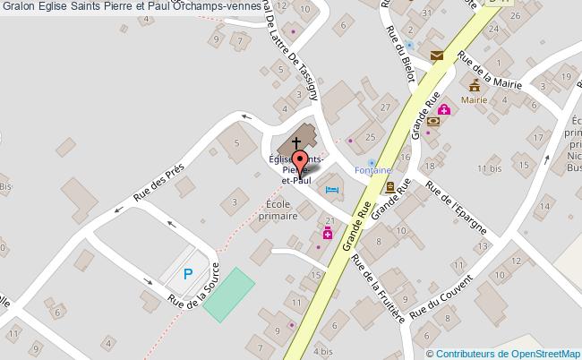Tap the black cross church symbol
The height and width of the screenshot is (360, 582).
tap(296, 141)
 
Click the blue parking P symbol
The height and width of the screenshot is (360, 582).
tap(188, 275)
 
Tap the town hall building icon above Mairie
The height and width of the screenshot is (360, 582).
tap(475, 87)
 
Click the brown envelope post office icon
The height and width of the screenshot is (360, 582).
tap(436, 56)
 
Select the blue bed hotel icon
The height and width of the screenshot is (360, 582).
tap(332, 189)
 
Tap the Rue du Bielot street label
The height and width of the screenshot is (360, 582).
tap(399, 54)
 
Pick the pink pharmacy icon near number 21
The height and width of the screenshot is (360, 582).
tap(328, 235)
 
